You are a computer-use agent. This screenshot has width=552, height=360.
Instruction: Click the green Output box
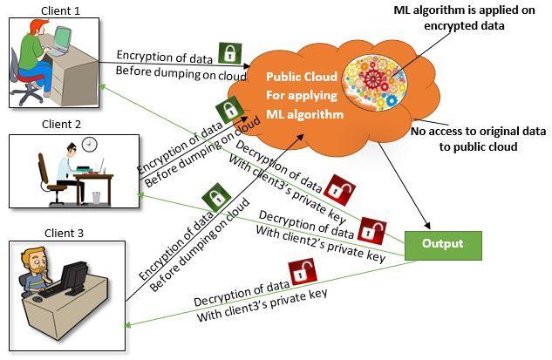(x=443, y=244)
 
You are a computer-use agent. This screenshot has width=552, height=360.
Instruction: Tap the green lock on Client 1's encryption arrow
(x=228, y=53)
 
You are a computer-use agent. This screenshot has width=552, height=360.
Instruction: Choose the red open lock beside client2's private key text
(x=372, y=230)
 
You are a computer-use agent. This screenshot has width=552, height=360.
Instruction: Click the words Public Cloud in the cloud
(x=300, y=76)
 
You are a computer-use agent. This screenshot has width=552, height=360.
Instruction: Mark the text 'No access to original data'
(x=479, y=131)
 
